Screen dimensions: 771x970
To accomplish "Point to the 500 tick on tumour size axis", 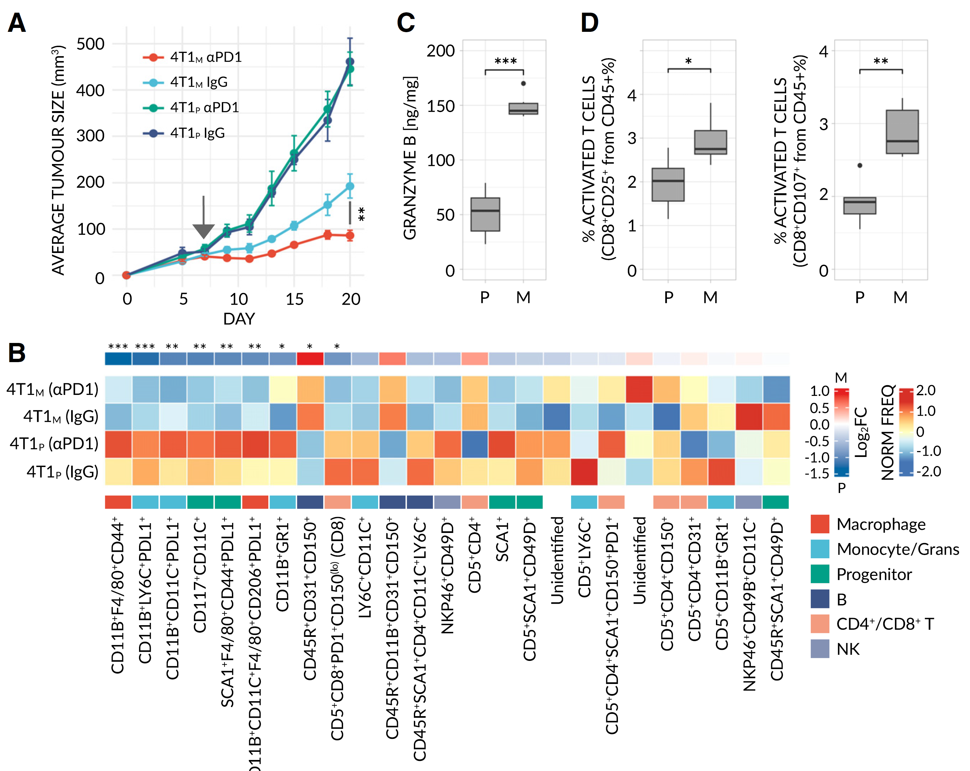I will (90, 44).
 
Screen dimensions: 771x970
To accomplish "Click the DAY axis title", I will (239, 319).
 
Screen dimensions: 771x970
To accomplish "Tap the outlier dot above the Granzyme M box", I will (523, 83).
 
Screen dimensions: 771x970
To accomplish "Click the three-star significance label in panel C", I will (505, 61).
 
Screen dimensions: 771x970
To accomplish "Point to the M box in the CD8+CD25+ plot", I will (710, 142).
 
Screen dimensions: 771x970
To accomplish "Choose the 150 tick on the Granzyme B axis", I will (440, 106).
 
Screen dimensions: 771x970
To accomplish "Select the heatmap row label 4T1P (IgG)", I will (62, 472).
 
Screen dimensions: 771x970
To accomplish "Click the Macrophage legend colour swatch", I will (820, 524).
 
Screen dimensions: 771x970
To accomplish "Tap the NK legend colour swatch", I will (820, 649).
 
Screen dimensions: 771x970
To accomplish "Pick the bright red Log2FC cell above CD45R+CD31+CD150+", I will (310, 359).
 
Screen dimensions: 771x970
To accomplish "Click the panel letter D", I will (589, 22).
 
